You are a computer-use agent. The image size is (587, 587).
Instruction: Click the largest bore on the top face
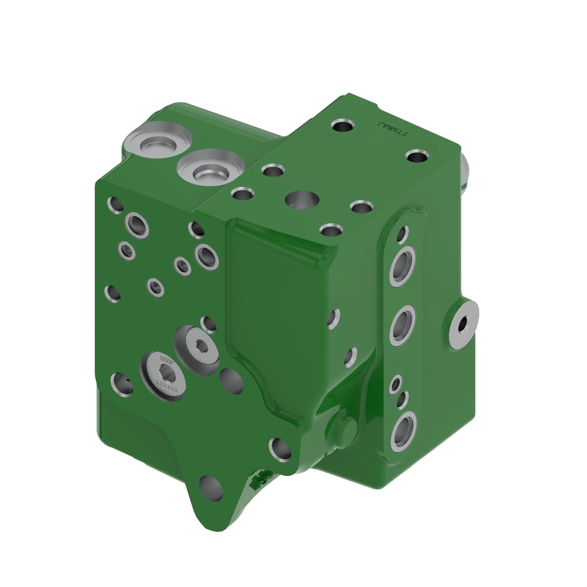tap(302, 200)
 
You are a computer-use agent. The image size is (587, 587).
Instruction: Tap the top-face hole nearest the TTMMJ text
tap(343, 125)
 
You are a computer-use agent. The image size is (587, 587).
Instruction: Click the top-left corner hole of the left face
tap(115, 205)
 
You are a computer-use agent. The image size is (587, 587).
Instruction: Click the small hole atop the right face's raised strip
tap(402, 234)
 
